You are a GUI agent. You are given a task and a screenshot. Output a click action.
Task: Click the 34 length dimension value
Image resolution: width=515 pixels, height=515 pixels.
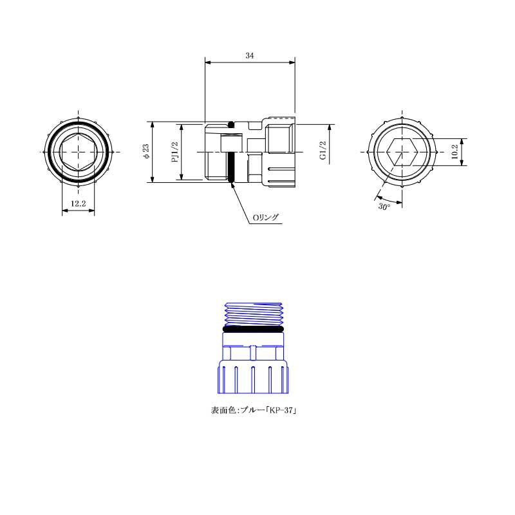coord(250,55)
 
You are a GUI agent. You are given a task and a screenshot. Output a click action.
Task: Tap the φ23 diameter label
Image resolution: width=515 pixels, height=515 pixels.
coord(146,151)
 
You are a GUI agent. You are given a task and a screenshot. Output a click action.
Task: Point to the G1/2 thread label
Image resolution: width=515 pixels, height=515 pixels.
coord(323,151)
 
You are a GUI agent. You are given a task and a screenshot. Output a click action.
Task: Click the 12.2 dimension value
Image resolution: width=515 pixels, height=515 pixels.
coord(78,203)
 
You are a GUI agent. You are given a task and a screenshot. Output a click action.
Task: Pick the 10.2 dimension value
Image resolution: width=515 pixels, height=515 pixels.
coord(454,152)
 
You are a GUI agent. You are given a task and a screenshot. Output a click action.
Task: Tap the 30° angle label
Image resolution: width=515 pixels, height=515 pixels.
coord(384,207)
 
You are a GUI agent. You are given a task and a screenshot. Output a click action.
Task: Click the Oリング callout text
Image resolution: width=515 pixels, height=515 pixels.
coord(265,218)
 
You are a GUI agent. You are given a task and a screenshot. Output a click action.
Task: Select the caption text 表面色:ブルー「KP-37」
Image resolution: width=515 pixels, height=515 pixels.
coord(254,410)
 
